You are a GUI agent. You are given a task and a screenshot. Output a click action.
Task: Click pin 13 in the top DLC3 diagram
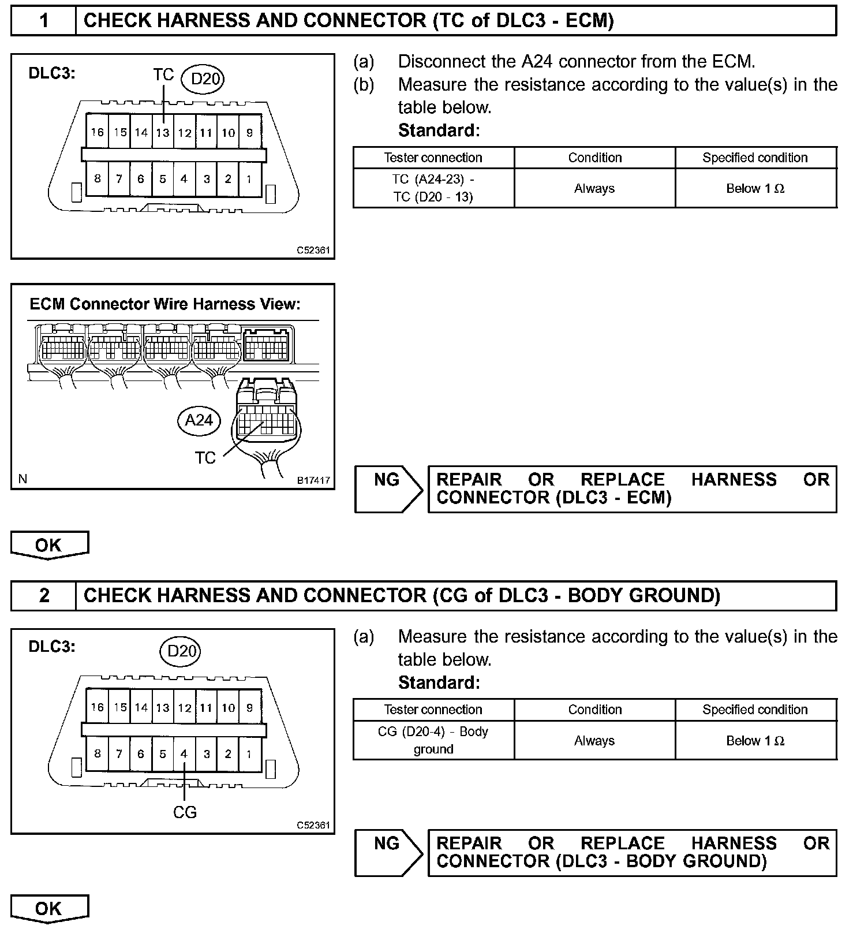coord(163,133)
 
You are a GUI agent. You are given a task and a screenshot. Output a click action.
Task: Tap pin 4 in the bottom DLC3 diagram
coord(184,754)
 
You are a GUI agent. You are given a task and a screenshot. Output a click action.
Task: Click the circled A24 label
coord(199,420)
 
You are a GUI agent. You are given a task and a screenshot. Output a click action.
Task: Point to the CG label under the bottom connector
coord(185,812)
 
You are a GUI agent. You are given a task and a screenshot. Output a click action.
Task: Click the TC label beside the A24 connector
coord(205,458)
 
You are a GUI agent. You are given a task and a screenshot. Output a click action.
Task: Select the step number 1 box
coord(44,21)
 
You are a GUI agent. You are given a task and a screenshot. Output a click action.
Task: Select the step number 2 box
coord(44,596)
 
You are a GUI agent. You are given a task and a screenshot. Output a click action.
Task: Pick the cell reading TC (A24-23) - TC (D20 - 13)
coord(433,188)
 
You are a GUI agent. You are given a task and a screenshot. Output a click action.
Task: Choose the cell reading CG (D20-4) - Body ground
coord(433,740)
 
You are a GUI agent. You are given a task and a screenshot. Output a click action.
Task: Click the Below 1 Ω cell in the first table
coord(755,188)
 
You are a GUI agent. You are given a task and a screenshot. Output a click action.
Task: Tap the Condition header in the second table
coord(595,710)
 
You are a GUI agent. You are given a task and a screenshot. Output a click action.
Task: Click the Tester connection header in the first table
coord(433,158)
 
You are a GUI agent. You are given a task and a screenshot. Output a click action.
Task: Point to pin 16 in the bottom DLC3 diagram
coord(97,707)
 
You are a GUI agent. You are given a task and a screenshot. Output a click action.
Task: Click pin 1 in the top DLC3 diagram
coord(249,179)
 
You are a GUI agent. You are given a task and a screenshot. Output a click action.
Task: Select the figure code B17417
coord(313,480)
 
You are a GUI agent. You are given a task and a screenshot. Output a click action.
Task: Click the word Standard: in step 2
coord(439,683)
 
